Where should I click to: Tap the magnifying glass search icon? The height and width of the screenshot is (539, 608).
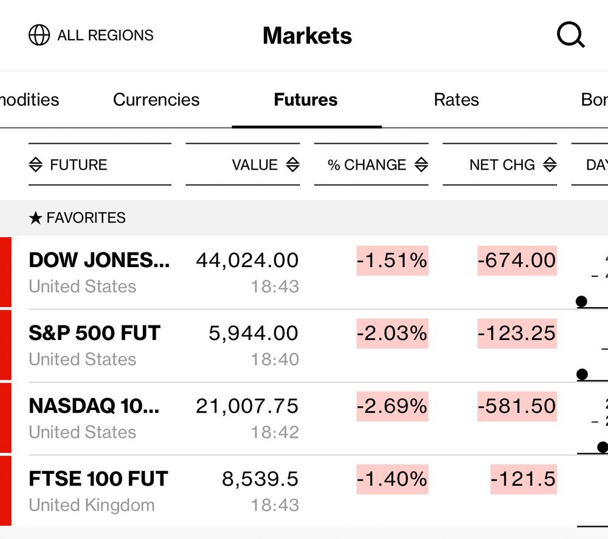coord(570,36)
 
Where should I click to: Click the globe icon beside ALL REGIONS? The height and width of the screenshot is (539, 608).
coord(40,35)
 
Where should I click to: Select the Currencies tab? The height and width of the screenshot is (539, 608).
coord(156,100)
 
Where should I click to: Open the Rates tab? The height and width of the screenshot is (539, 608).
coord(456,100)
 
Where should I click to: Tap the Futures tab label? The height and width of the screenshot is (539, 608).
coord(306,100)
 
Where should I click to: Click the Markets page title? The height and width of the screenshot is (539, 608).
coord(307,36)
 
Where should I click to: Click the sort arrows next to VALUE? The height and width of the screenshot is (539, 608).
coord(292,165)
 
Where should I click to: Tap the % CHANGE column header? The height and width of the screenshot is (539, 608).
coord(367,165)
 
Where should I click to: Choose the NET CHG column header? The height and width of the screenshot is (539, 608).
coord(502,165)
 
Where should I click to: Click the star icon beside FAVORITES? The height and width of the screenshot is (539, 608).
coord(35,218)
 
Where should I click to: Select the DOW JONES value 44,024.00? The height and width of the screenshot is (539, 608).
coord(247,260)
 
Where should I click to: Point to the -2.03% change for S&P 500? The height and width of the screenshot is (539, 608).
coord(392,333)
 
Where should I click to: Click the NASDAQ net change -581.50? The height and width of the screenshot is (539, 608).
coord(517,406)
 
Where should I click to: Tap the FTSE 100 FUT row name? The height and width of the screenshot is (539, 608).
coord(98,479)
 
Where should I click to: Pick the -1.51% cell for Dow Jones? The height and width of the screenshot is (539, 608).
coord(392,260)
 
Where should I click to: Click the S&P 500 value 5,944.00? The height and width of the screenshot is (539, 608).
coord(254,333)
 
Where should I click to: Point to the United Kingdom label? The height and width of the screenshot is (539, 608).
coord(92,505)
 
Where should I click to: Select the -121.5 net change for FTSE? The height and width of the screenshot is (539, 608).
coord(523,479)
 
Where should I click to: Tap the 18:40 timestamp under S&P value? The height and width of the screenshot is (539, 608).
coord(275,360)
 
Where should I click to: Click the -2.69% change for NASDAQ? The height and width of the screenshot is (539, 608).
coord(392,406)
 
